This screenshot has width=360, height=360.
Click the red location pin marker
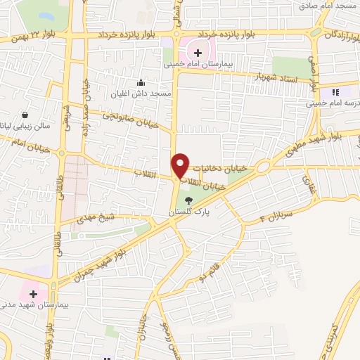click(181, 165)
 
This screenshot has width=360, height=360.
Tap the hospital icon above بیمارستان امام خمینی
click(198, 53)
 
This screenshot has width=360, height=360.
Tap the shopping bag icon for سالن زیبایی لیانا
click(26, 115)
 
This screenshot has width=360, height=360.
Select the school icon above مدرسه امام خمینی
click(335, 92)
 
